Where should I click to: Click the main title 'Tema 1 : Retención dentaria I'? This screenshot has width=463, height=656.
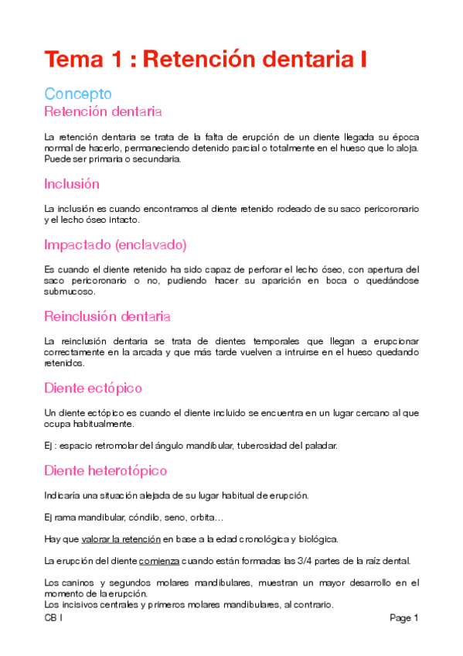coord(205,59)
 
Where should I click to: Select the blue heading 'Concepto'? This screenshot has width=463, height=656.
coord(78,94)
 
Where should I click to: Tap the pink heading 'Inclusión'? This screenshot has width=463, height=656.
coord(72,184)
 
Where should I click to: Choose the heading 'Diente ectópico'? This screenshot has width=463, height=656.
coord(93,387)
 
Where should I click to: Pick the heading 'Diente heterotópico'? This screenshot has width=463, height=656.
coord(105,470)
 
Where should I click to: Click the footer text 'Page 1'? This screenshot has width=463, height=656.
coord(403,618)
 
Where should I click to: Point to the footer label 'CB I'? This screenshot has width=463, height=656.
coord(53,618)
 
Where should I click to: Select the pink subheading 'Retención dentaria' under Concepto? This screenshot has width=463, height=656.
coord(103,112)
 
